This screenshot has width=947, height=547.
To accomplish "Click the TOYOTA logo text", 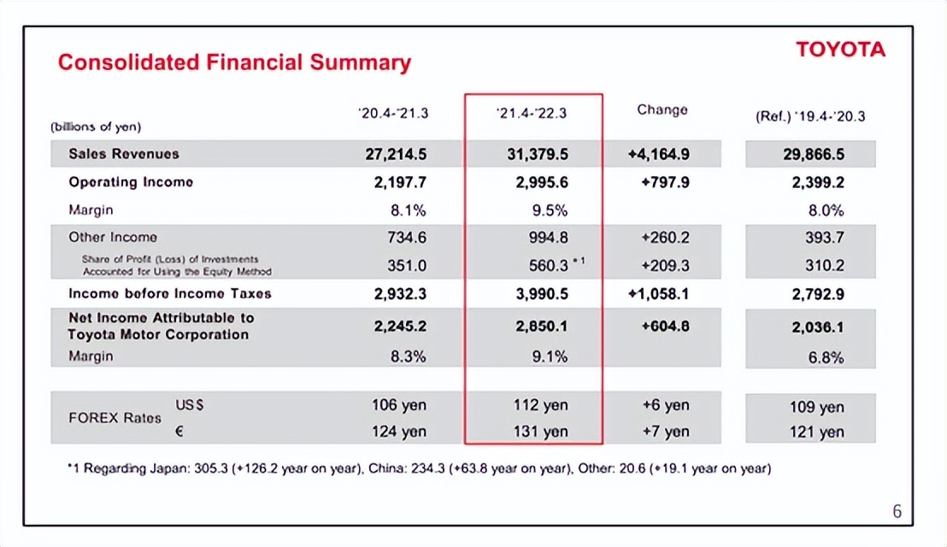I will click(840, 50).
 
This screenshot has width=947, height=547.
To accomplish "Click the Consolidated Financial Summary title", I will click(234, 62).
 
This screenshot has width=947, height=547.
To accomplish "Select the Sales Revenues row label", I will click(124, 154).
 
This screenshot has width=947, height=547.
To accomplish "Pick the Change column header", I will click(662, 110).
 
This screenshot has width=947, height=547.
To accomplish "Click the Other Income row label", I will click(113, 238).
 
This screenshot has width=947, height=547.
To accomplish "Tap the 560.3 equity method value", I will click(548, 266).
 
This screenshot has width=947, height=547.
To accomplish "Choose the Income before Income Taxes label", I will click(170, 293).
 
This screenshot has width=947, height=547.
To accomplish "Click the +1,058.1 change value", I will click(658, 293).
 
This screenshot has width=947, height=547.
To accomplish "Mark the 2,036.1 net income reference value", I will click(818, 326).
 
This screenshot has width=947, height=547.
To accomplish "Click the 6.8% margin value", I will click(826, 357).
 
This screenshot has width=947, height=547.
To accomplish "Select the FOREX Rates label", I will click(114, 419).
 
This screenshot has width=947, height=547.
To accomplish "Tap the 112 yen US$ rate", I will click(542, 405).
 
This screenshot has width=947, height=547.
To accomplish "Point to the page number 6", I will click(897, 512).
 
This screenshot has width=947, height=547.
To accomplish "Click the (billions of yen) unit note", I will click(96, 126).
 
